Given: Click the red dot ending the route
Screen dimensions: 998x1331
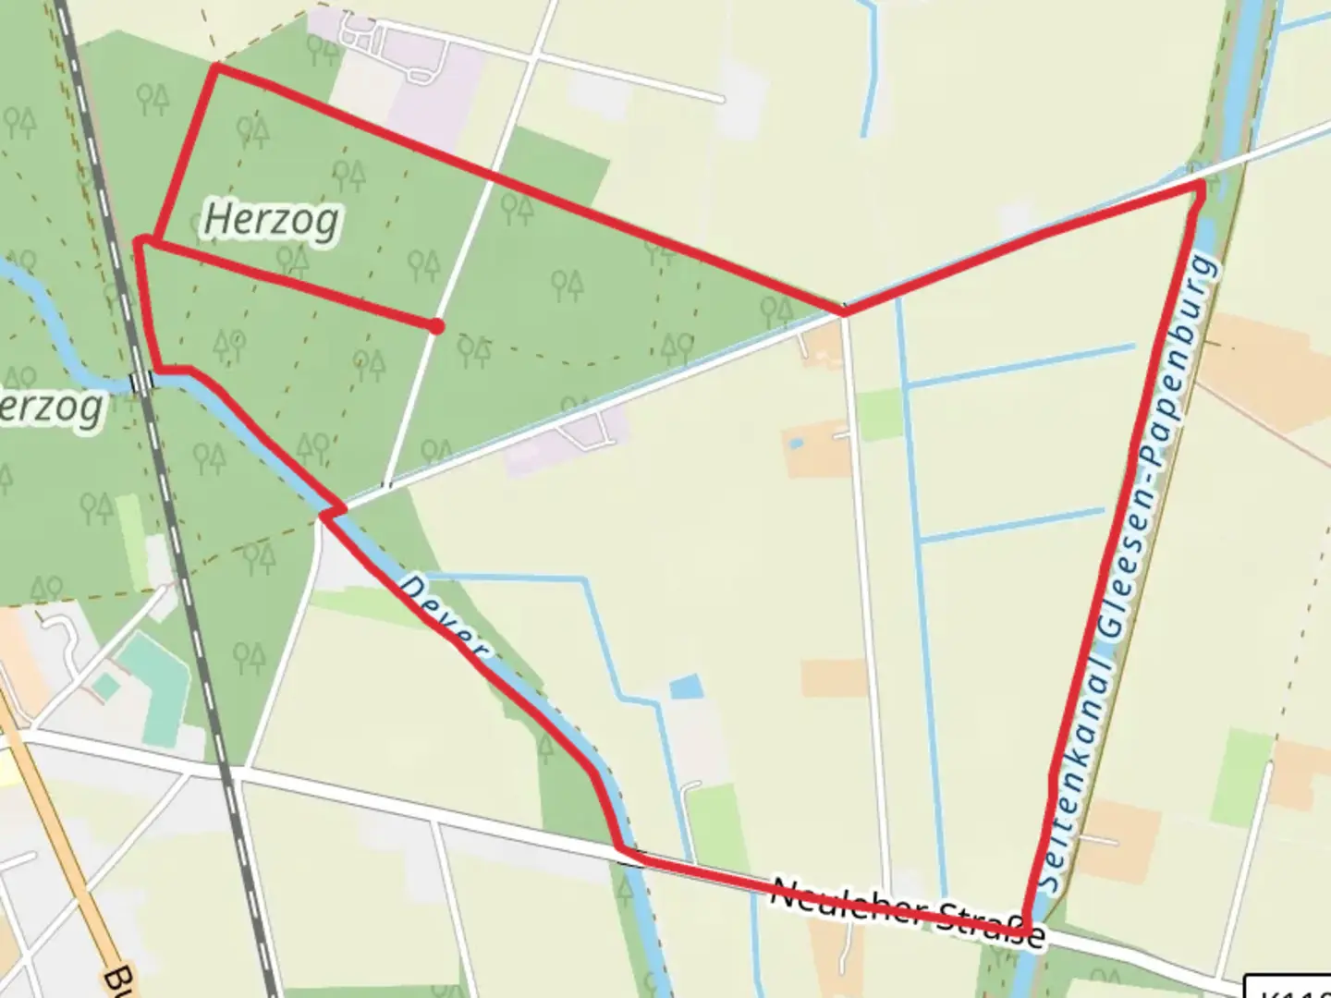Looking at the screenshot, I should click(435, 325).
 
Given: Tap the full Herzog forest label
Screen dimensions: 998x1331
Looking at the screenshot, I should click(271, 220).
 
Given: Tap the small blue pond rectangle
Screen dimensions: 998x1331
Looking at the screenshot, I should click(686, 687).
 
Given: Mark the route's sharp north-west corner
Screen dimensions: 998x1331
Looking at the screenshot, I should click(216, 67).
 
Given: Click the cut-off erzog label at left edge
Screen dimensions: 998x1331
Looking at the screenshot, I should click(51, 408).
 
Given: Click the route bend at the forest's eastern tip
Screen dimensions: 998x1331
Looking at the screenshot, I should click(844, 312).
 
